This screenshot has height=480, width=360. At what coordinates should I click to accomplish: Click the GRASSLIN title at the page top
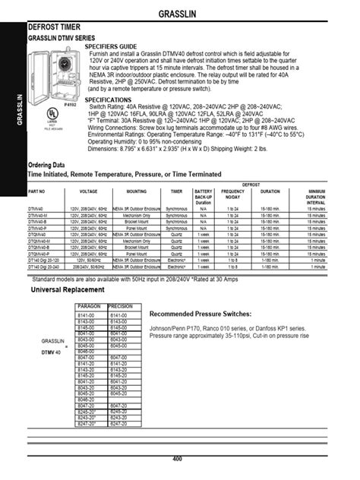[x=180, y=14]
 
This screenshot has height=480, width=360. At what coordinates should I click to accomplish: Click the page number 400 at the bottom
[x=177, y=459]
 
